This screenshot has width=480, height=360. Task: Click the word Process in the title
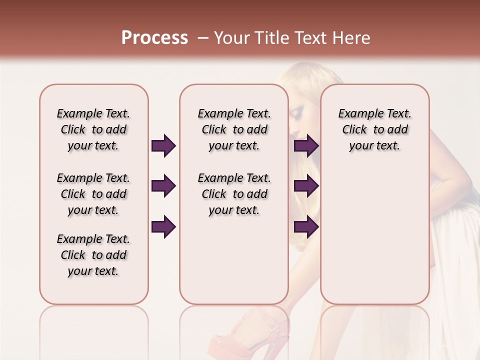(154, 38)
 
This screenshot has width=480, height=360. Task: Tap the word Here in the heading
(351, 38)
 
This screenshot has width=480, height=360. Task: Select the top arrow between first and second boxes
(163, 146)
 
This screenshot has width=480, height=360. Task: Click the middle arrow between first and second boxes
(163, 186)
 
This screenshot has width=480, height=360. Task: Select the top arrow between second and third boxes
(306, 146)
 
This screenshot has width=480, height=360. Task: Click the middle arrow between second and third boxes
(306, 186)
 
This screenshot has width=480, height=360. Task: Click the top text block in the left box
(93, 129)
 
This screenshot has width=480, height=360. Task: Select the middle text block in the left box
(93, 194)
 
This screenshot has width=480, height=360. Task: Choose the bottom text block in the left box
(93, 255)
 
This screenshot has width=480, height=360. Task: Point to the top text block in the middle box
(234, 129)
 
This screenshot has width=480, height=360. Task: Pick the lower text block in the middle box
(234, 194)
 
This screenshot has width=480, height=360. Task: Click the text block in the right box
(374, 129)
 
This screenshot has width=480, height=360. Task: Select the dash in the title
(203, 38)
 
